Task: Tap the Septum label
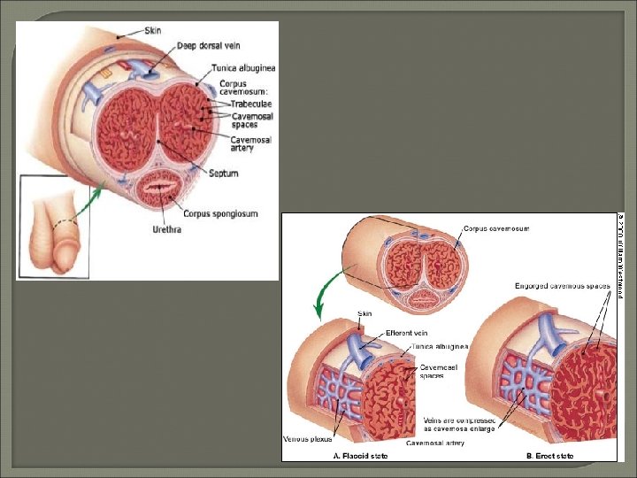(224, 173)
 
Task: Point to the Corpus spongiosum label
(220, 213)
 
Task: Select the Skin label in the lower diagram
(365, 313)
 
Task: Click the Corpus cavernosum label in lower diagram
(496, 228)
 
